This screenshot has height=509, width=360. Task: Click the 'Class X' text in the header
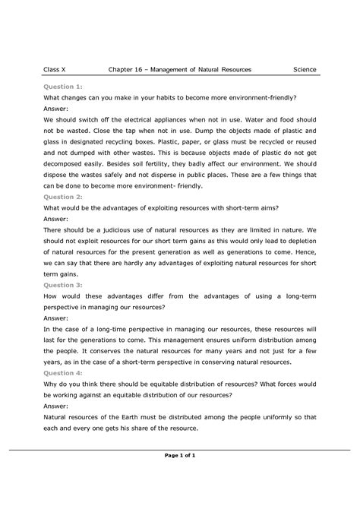point(54,70)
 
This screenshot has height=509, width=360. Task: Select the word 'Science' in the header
point(305,70)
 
